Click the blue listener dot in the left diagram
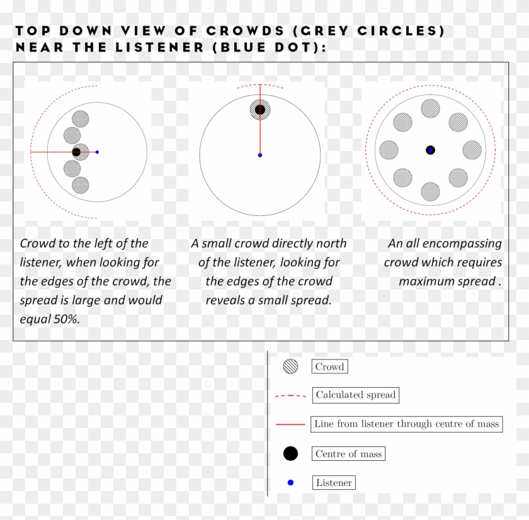(x=97, y=152)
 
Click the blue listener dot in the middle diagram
(x=260, y=155)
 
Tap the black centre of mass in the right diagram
(x=430, y=150)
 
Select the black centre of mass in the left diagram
(x=76, y=152)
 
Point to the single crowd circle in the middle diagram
(x=260, y=109)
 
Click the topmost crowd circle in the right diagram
(x=430, y=108)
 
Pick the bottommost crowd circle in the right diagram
(x=430, y=191)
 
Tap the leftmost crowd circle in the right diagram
(x=389, y=150)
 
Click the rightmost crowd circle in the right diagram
(x=472, y=150)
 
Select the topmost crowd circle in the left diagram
(x=81, y=118)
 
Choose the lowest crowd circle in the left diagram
(x=81, y=185)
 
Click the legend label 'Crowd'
(x=329, y=366)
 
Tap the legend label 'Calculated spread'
(x=355, y=395)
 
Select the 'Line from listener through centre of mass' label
(x=407, y=424)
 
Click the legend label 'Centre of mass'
(x=348, y=453)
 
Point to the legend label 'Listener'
(x=334, y=483)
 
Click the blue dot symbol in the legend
(x=290, y=483)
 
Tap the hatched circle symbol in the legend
(x=290, y=366)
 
